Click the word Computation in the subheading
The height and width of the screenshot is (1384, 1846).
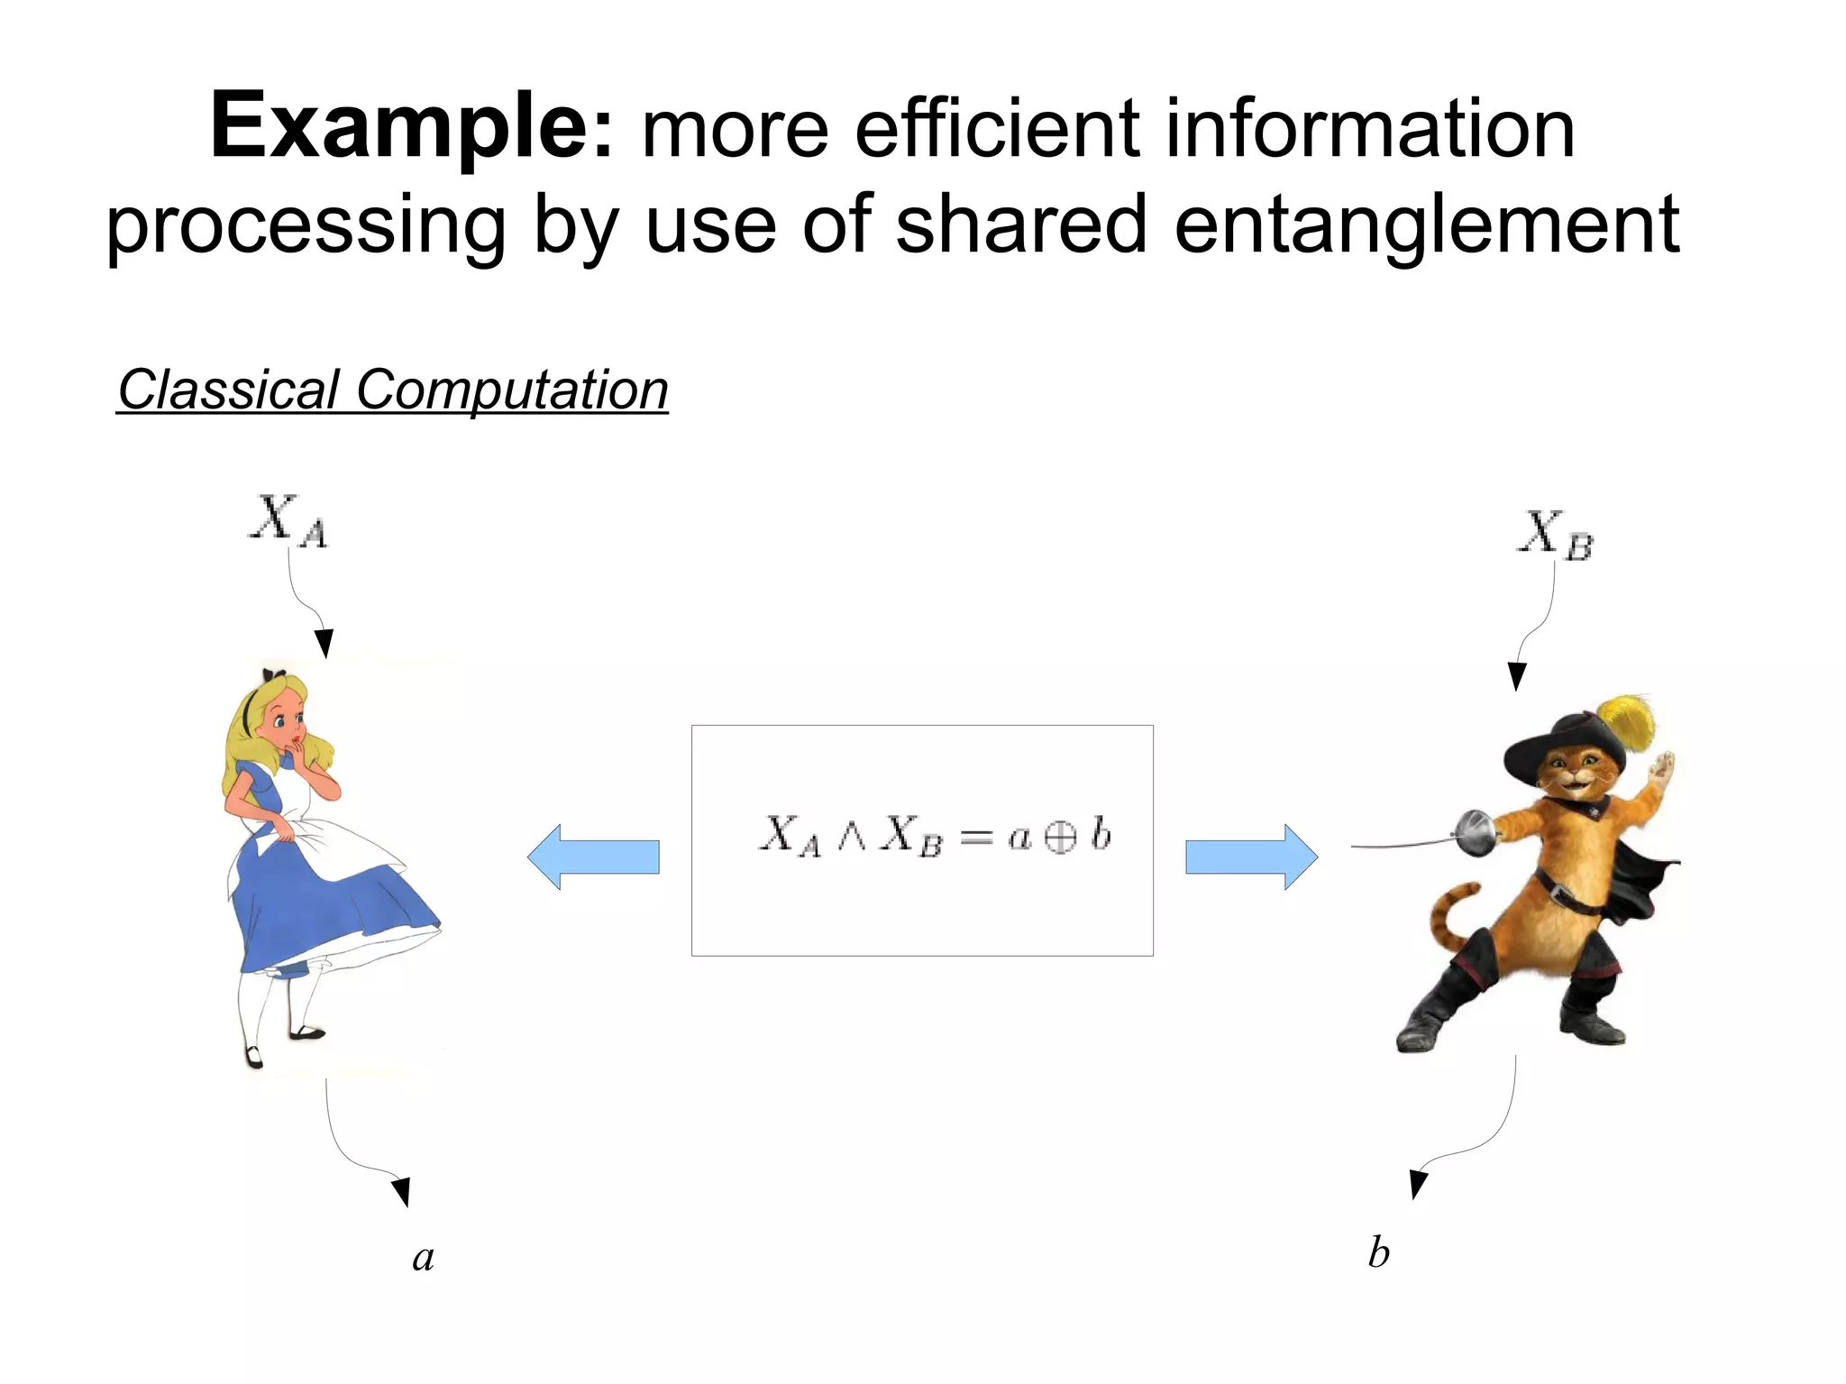(512, 390)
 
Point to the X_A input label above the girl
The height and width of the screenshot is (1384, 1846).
(288, 520)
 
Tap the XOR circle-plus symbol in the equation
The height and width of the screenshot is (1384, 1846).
(1060, 838)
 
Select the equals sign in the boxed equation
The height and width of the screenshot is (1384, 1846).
(975, 839)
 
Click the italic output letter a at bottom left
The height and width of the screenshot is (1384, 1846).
(424, 1257)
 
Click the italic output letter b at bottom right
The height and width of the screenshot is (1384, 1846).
(1378, 1252)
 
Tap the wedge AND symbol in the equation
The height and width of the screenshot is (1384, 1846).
(851, 837)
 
